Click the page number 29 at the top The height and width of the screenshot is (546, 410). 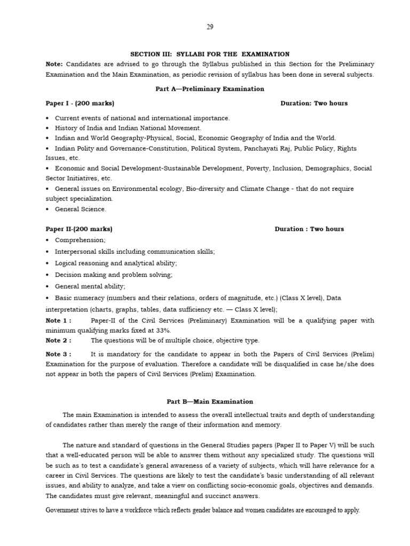coord(210,28)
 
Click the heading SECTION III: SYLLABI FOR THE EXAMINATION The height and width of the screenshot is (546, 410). coord(210,54)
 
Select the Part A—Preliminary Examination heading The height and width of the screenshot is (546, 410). coord(210,89)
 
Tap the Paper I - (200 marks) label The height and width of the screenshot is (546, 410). coord(80,103)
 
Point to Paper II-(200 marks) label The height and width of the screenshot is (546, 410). coord(79,229)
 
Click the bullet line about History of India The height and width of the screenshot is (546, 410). coord(128,128)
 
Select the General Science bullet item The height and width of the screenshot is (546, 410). coord(81,209)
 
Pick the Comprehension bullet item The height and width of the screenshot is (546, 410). coord(80,240)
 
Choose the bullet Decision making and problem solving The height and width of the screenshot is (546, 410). coord(114,275)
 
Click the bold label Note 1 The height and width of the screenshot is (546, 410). coord(58,320)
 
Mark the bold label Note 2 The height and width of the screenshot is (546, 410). coord(58,340)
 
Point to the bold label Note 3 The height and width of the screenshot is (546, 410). coord(58,354)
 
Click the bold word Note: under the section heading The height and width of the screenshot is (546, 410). coord(54,64)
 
